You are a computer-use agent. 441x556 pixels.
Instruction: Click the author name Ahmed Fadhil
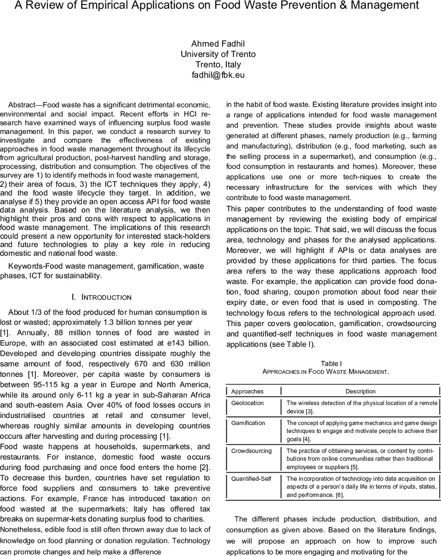[218, 44]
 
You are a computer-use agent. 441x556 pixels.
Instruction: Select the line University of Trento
[218, 54]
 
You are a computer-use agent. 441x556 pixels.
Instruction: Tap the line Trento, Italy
[218, 64]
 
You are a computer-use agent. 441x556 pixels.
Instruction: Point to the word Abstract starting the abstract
[25, 105]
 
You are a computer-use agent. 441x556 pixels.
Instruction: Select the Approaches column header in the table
[247, 391]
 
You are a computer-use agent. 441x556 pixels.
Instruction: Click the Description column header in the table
[360, 391]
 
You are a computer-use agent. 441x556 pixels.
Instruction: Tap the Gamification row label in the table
[248, 423]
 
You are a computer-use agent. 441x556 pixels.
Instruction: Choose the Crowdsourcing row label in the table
[251, 450]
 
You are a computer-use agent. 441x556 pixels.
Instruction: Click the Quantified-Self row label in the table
[251, 479]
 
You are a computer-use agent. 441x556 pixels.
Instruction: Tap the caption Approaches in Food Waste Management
[325, 372]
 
